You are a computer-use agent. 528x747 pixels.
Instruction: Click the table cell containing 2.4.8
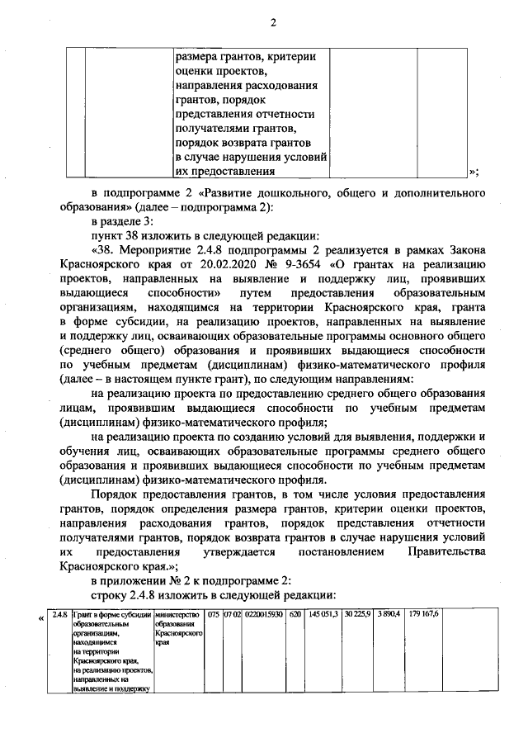(x=59, y=615)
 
